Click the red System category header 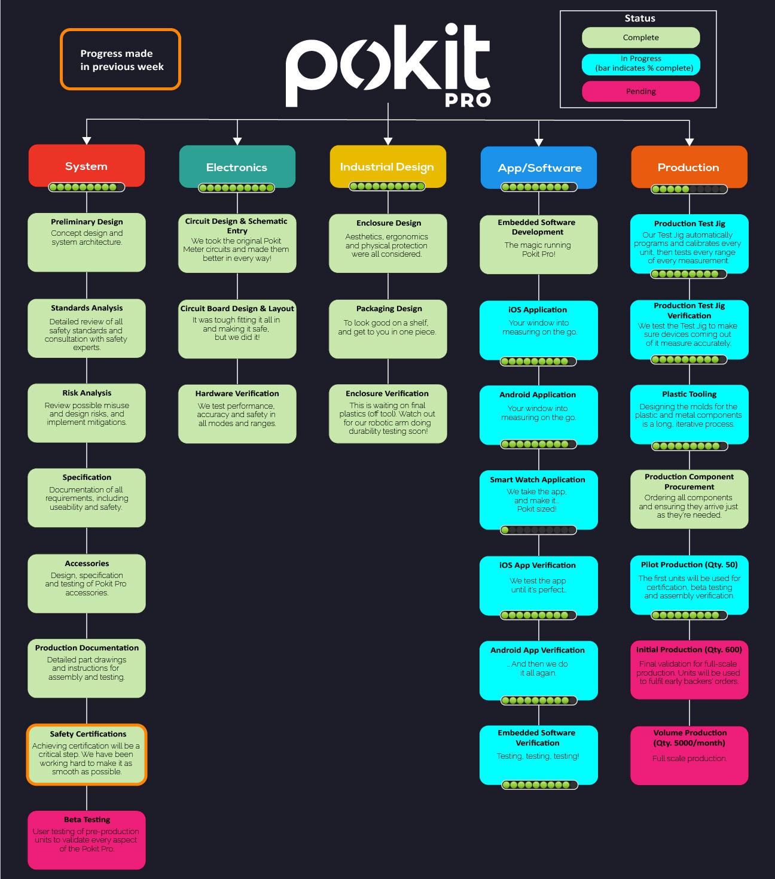coord(87,166)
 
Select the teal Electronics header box coord(237,166)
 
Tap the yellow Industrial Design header coord(388,166)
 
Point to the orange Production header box coord(689,167)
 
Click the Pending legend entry coord(640,91)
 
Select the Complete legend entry coord(640,38)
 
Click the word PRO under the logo coord(468,100)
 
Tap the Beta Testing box coord(87,840)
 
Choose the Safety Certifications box coord(87,755)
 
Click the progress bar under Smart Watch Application coord(538,530)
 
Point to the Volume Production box coord(689,755)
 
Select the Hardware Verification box coord(237,414)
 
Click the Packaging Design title coord(389,309)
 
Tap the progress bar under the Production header coord(689,189)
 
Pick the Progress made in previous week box coord(121,59)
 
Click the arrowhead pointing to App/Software coord(539,142)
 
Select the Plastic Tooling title coord(689,394)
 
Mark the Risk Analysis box coord(87,413)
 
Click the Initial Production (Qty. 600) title coord(689,649)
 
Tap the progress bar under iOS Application coord(538,361)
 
